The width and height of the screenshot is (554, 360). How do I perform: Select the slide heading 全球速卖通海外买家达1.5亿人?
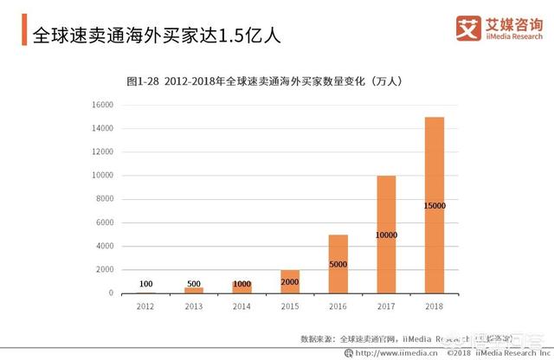(x=156, y=35)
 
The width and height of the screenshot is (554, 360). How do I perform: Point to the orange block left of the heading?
(x=23, y=35)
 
